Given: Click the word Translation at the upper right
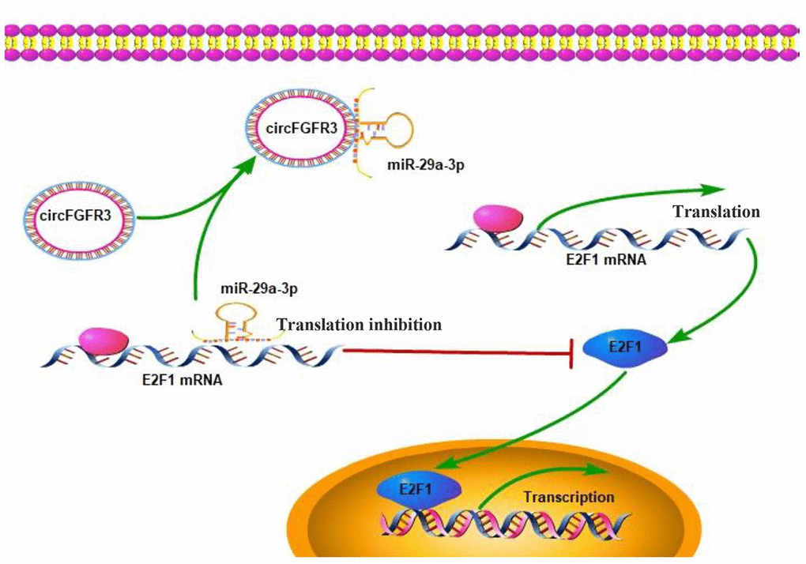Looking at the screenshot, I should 715,211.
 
